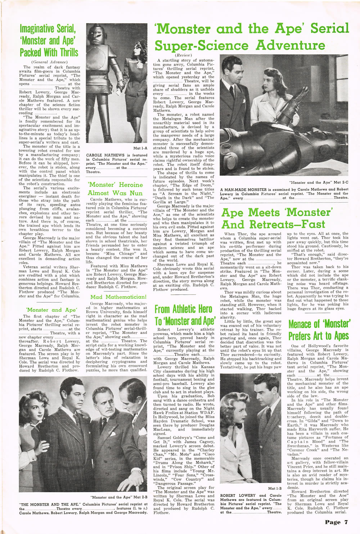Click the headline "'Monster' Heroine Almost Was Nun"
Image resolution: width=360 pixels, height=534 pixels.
tap(116, 189)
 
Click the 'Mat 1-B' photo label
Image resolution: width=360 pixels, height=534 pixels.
tap(276, 489)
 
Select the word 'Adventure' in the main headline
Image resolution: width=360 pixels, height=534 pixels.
tap(291, 45)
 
